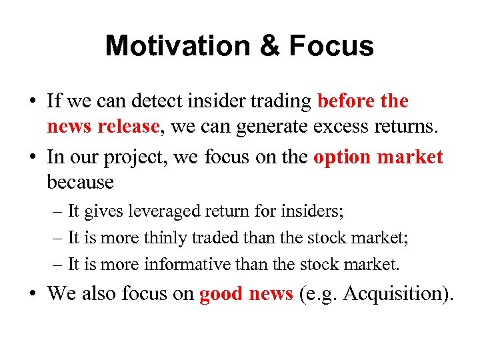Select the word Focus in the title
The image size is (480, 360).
point(331,46)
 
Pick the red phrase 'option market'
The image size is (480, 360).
point(378,157)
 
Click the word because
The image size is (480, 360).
point(80,182)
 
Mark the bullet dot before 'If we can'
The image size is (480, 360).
point(33,102)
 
